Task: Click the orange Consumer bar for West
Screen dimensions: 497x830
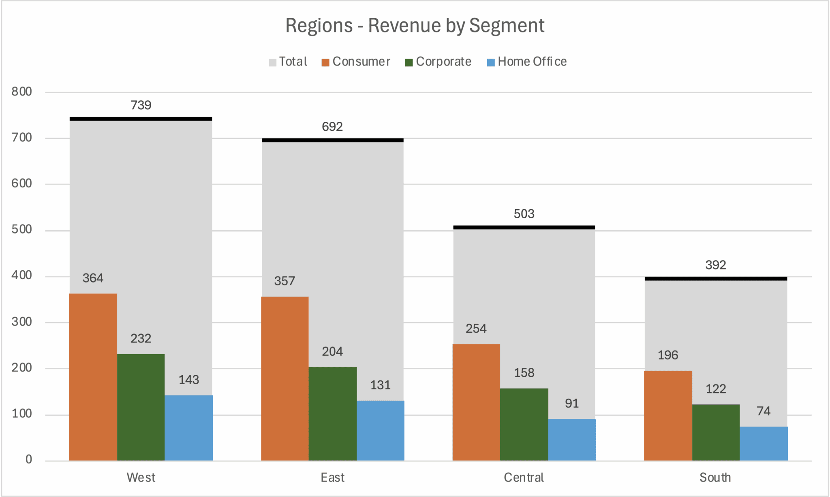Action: coord(93,377)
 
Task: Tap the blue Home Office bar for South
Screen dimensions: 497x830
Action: coord(764,444)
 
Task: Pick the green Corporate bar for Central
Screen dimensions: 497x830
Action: coord(524,424)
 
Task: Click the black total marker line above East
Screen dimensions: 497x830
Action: coord(332,140)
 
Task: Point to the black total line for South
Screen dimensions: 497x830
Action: coord(716,278)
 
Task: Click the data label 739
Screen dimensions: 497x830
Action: coord(141,105)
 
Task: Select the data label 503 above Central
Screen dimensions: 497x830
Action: coord(524,214)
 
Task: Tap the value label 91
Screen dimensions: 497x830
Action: coord(571,404)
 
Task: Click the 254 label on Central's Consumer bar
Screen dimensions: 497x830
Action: coord(476,328)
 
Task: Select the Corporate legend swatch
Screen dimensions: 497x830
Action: coord(409,62)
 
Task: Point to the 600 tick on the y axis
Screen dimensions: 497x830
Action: coord(21,183)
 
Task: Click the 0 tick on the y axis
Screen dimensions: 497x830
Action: coord(28,459)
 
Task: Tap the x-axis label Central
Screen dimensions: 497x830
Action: coord(524,478)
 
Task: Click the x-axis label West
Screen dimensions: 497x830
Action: coord(141,478)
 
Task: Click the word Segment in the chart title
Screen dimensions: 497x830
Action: coord(507,25)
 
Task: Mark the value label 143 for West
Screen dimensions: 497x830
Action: coord(188,380)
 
